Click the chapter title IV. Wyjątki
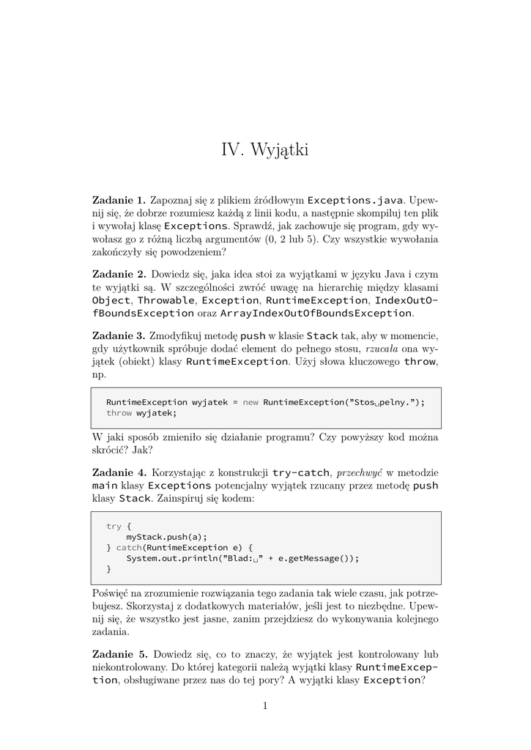click(265, 151)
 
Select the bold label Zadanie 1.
click(119, 200)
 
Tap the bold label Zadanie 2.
click(119, 274)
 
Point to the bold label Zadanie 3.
click(119, 335)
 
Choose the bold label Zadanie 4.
click(119, 472)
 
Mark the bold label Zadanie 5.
click(119, 653)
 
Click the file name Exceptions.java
click(354, 200)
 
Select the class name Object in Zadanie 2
click(110, 300)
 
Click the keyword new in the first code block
click(250, 402)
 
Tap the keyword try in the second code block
click(114, 526)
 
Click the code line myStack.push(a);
click(167, 537)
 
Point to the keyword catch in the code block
click(128, 548)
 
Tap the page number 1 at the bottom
click(265, 706)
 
